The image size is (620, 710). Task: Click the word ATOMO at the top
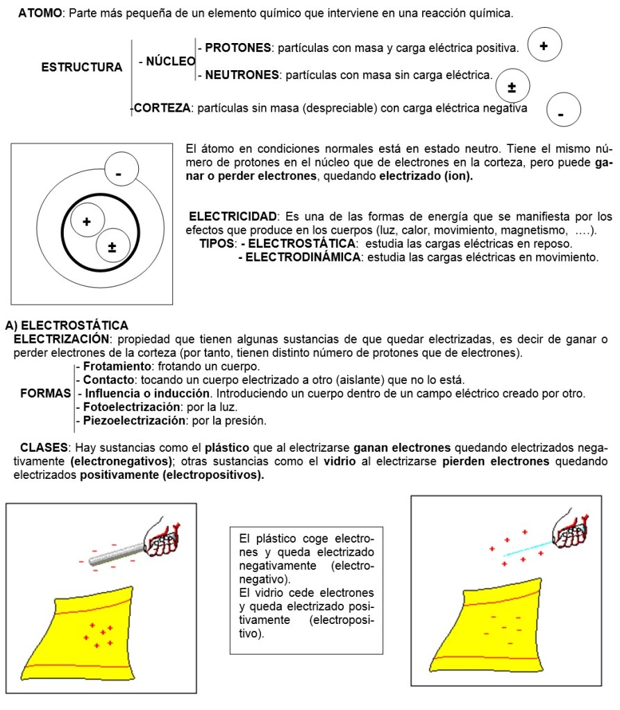point(40,14)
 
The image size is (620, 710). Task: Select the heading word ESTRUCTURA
point(81,67)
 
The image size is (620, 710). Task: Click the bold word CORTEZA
point(161,108)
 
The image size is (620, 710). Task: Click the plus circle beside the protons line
point(544,45)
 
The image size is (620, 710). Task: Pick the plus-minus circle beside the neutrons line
point(512,87)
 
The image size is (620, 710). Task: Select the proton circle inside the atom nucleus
point(86,222)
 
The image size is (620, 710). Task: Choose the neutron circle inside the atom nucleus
point(112,246)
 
